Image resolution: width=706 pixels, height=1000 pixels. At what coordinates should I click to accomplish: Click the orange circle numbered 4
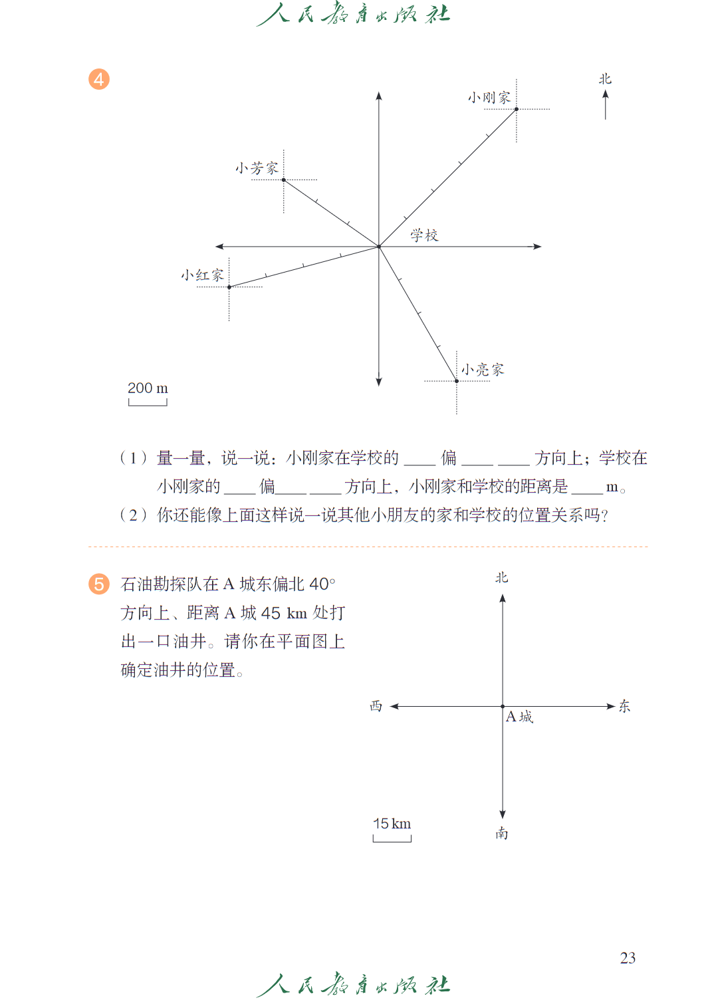pos(99,79)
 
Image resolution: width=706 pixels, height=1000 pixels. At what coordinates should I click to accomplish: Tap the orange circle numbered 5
pos(99,584)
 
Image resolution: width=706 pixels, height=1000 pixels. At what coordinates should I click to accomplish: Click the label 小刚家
pos(489,98)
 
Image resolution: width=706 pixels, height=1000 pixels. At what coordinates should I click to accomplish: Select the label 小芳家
pos(257,168)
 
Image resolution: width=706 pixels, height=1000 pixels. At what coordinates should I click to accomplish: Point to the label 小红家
pos(202,275)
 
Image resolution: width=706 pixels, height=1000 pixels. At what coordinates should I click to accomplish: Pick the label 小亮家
pos(483,370)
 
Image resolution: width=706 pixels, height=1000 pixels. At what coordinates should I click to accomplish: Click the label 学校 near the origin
pos(424,235)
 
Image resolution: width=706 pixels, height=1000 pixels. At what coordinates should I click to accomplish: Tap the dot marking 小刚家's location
pos(517,109)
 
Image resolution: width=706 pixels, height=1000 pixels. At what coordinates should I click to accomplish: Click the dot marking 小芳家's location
pos(284,180)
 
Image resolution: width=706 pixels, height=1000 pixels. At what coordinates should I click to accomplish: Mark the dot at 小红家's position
pos(229,287)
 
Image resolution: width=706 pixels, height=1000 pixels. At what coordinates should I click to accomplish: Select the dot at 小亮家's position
pos(457,381)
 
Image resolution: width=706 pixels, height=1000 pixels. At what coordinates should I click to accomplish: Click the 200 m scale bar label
pos(148,388)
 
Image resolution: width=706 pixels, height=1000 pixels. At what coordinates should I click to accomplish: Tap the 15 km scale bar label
pos(392,824)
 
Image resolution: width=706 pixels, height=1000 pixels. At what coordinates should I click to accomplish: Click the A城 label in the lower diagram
pos(519,717)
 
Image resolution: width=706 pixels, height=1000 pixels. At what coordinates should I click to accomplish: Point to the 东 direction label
pos(624,706)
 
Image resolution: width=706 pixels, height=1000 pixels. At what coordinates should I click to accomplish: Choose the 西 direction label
pos(376,706)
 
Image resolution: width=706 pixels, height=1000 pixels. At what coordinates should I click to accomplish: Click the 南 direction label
pos(502,834)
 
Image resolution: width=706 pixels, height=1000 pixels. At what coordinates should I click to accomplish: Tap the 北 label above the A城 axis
pos(502,578)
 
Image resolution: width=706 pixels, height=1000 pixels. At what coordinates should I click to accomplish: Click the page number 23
pos(628,958)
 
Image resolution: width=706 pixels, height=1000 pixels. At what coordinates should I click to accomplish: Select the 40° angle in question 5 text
pos(322,584)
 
